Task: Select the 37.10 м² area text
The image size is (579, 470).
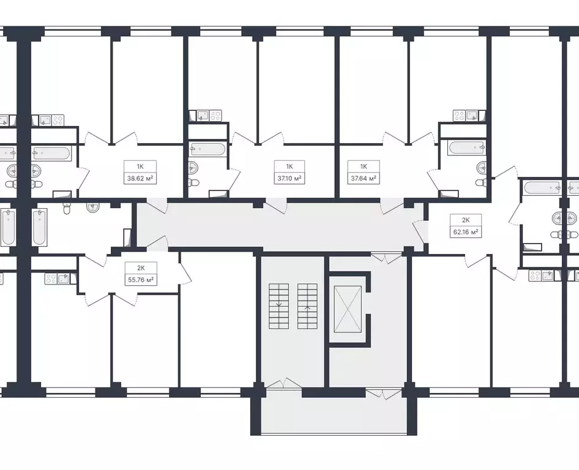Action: [x=289, y=179]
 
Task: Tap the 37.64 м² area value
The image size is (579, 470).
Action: [x=363, y=179]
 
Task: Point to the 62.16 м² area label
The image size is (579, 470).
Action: [x=466, y=233]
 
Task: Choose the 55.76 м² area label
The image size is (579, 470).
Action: [x=140, y=279]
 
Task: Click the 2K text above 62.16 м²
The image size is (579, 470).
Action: [x=466, y=220]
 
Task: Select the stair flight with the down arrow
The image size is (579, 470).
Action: [x=278, y=306]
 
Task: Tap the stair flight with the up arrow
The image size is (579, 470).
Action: [x=307, y=306]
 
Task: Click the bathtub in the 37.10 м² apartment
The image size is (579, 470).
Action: [x=209, y=148]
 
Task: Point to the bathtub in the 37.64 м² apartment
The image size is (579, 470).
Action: [x=466, y=148]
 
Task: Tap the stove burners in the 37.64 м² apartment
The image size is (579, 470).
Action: [x=460, y=115]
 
